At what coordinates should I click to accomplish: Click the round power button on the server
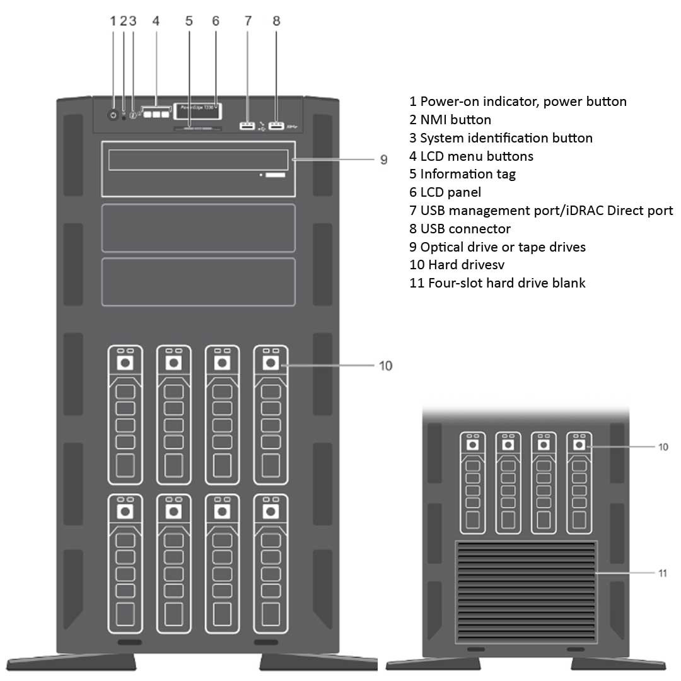coord(113,115)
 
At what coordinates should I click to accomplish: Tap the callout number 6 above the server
coord(216,21)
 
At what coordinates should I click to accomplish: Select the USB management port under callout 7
coord(247,127)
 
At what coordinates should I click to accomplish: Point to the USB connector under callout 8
coord(276,127)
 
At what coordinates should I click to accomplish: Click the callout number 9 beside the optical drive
coord(383,160)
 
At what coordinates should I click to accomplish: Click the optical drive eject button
coord(274,173)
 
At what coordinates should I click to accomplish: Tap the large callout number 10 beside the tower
coord(385,366)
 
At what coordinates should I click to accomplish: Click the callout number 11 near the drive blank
coord(663,573)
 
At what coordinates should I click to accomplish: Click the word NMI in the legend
coord(434,120)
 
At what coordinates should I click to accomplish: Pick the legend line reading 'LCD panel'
coord(445,192)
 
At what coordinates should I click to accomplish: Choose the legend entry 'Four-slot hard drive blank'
coord(498,283)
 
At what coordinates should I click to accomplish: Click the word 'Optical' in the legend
coord(442,247)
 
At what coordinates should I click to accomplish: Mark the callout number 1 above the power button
coord(113,21)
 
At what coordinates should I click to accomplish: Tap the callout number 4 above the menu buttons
coord(156,21)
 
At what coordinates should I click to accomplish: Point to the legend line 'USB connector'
coord(460,229)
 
